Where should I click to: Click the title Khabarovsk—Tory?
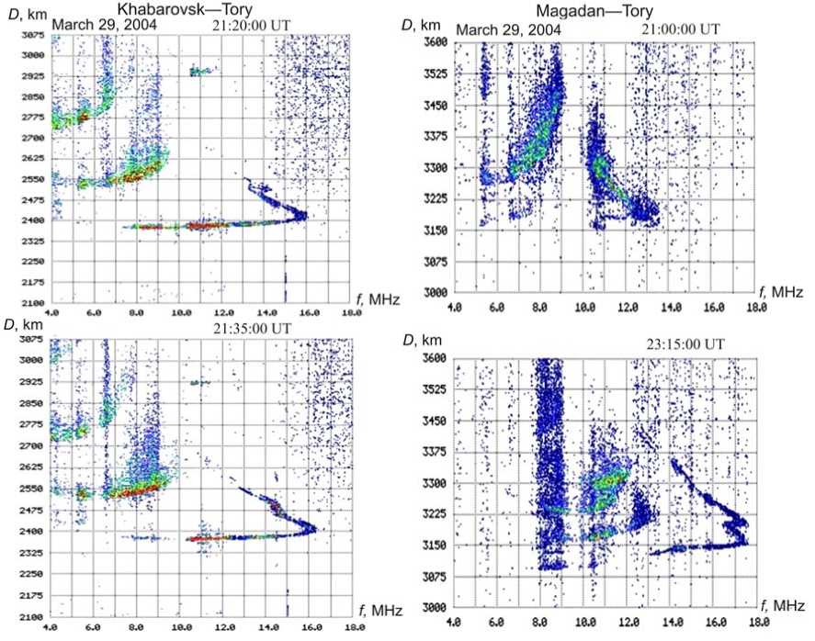198,8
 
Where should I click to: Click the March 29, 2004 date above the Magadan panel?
507,29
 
